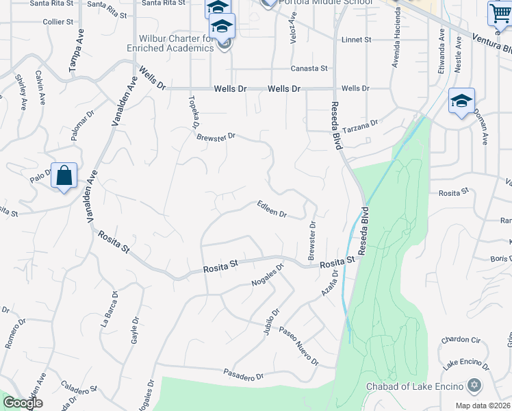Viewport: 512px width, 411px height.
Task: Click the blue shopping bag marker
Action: tap(64, 175)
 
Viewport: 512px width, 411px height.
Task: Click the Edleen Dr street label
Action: tap(272, 209)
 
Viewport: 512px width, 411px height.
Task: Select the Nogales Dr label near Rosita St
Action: tap(268, 275)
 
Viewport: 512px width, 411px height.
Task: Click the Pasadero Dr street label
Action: tap(243, 375)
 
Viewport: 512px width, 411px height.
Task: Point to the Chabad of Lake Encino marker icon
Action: tap(473, 386)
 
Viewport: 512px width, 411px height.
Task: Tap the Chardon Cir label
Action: tap(461, 340)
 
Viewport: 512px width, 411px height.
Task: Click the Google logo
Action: tap(22, 403)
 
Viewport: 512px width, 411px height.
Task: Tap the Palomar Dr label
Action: tap(81, 125)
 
